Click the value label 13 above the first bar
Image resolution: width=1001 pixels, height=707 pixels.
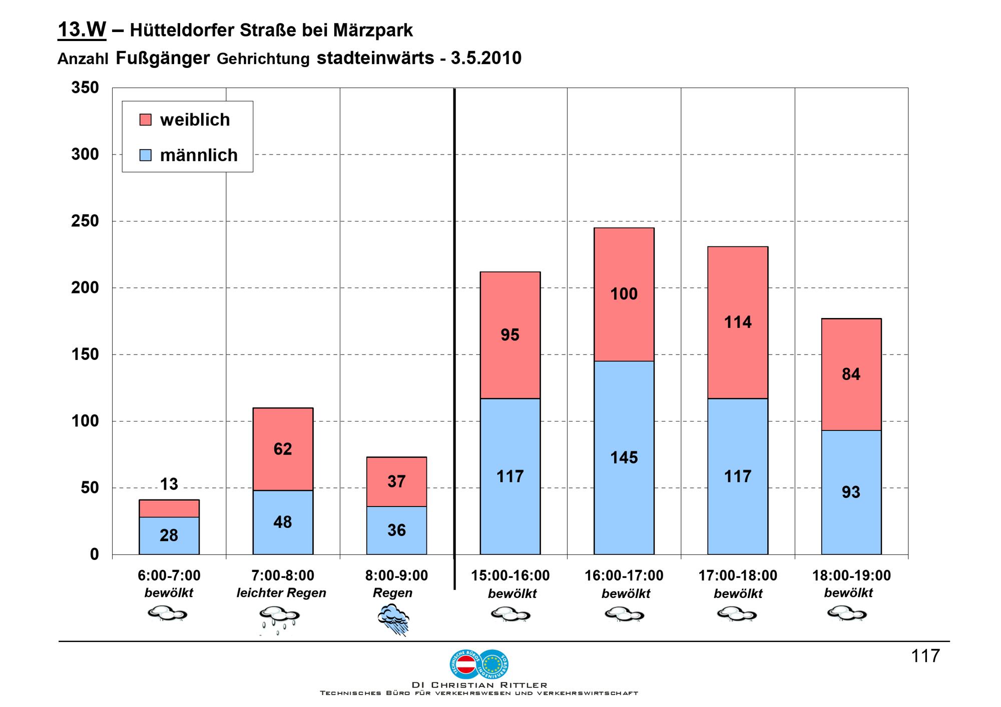point(169,484)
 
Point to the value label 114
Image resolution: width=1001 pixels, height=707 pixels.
point(738,322)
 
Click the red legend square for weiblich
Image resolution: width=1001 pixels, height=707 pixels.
point(145,120)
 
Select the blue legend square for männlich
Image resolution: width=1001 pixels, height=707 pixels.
point(145,155)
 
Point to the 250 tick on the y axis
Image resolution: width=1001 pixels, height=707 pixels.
point(85,221)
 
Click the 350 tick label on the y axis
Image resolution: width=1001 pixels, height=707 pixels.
point(85,88)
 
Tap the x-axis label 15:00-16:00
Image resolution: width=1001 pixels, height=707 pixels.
point(510,575)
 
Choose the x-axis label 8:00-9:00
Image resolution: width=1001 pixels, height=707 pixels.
point(396,575)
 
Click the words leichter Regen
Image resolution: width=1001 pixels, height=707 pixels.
point(281,593)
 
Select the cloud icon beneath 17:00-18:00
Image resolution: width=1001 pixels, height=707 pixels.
point(737,613)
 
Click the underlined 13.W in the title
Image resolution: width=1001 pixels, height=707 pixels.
point(82,30)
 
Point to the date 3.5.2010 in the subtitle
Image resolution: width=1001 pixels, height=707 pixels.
point(486,58)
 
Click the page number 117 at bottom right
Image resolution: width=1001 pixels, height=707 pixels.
point(925,655)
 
